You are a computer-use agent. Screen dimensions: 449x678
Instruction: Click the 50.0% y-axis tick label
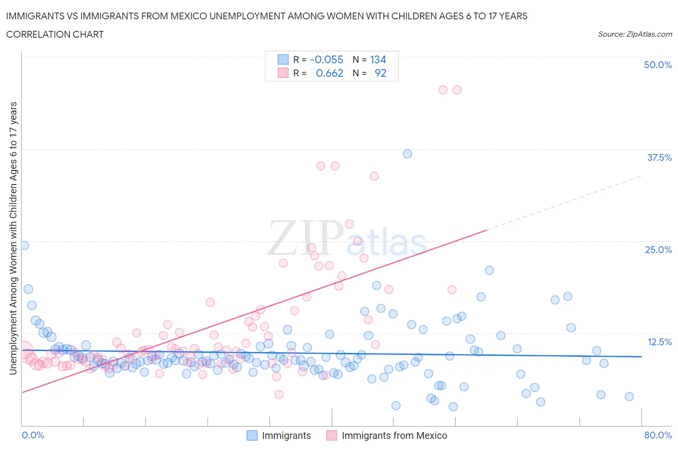tap(657, 65)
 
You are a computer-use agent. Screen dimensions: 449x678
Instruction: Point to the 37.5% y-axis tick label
tap(659, 157)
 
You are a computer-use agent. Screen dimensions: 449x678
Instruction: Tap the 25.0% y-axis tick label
tap(658, 250)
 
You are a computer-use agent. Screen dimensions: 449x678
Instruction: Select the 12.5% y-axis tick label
tap(659, 342)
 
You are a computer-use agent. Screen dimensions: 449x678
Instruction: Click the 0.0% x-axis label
tap(33, 435)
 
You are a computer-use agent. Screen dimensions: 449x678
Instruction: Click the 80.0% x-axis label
tap(658, 435)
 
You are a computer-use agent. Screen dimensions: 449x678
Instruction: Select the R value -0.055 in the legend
tap(326, 59)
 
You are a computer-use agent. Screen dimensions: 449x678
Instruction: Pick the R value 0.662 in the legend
tap(329, 73)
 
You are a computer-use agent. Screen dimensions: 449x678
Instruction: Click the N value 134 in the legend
tap(378, 59)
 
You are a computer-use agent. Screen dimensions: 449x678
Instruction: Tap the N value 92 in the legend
tap(380, 73)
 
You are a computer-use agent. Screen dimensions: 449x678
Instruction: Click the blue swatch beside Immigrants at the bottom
tap(252, 435)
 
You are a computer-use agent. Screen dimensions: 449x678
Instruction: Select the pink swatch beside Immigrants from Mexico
tap(331, 435)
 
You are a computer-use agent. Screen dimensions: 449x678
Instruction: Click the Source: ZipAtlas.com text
tap(635, 34)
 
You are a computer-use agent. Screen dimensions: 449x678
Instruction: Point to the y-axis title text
tap(13, 239)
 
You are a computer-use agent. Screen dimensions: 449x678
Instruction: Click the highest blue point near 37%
tap(407, 154)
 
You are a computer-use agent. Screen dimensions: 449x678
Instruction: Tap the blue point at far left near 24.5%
tap(24, 245)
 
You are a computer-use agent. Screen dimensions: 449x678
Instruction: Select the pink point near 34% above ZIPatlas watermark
tap(321, 166)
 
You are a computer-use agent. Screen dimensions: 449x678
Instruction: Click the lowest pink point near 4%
tap(279, 395)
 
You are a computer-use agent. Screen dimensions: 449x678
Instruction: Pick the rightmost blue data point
tap(629, 396)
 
